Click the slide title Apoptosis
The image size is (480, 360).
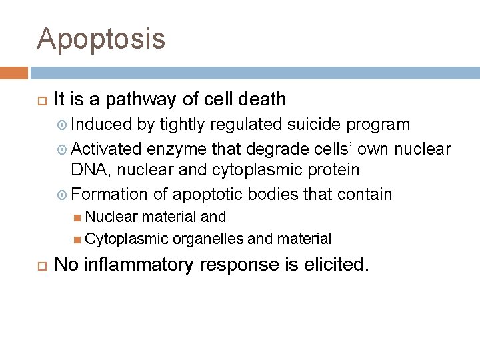click(x=101, y=39)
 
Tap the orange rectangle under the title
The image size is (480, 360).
click(x=14, y=72)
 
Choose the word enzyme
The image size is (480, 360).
click(x=175, y=148)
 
